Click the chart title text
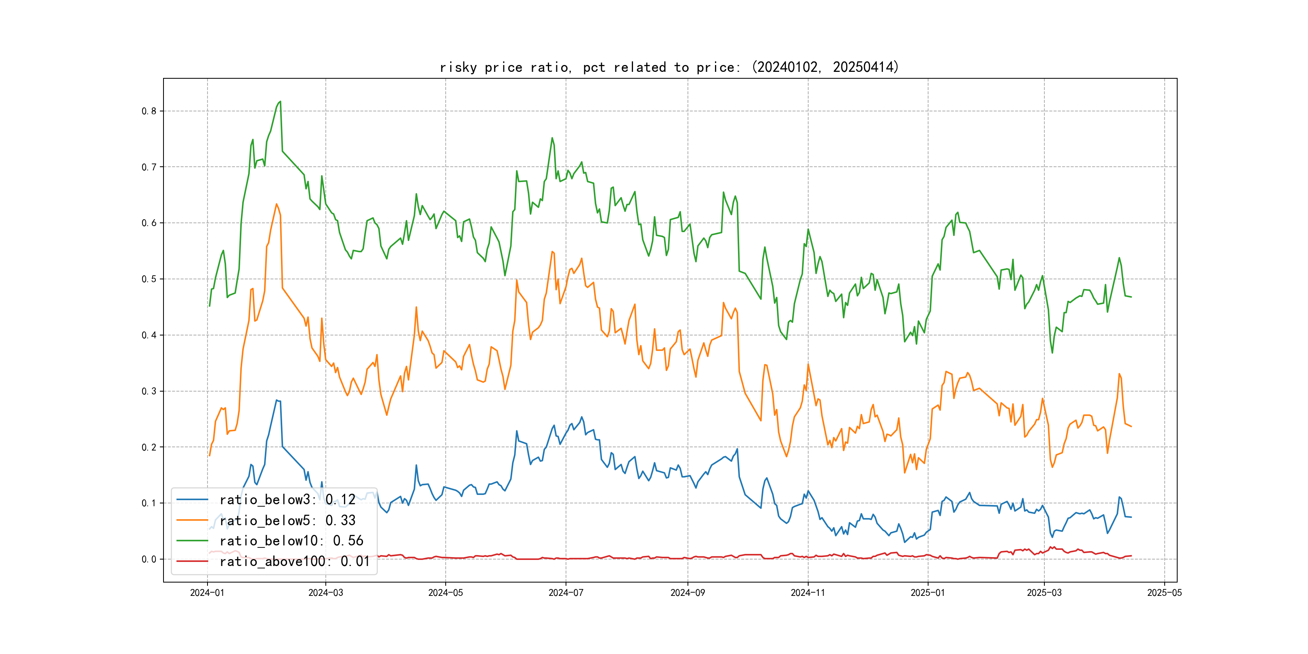669,67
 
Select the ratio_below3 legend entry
287,500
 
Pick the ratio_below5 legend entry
287,520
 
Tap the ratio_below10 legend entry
291,541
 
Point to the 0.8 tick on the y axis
149,111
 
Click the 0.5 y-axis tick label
149,279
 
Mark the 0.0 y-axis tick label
149,560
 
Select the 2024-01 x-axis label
207,593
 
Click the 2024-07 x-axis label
566,593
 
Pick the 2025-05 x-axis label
1164,593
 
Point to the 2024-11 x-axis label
808,593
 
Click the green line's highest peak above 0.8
280,102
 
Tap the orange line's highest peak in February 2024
276,204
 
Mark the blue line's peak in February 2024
277,400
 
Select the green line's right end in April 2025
1131,297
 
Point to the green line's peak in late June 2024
552,138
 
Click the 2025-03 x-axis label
1044,593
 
